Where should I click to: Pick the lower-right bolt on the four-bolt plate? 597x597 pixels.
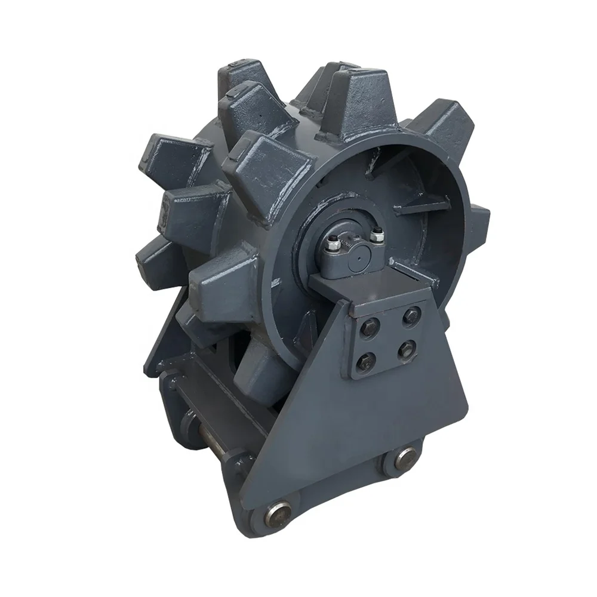click(x=408, y=350)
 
